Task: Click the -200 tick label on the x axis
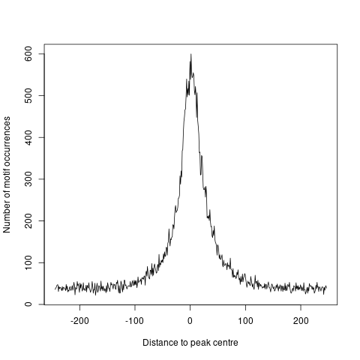point(79,322)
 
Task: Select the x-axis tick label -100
point(135,322)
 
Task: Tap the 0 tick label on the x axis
point(190,322)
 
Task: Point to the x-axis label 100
point(246,322)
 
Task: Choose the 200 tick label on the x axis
point(301,322)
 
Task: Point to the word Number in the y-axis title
point(7,217)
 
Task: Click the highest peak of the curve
point(191,54)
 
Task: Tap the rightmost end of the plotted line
point(326,287)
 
